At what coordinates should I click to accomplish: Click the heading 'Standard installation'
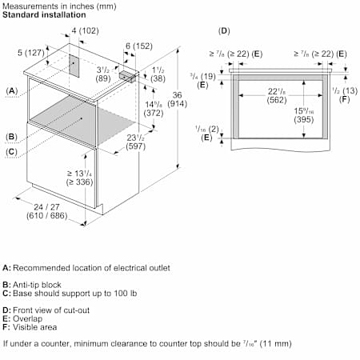click(44, 14)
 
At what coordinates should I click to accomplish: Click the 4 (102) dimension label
click(85, 30)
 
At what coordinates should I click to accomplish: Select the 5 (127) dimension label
click(31, 53)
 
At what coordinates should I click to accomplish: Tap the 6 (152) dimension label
click(139, 46)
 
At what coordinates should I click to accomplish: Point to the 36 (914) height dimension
click(177, 99)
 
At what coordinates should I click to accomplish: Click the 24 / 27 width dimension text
click(47, 211)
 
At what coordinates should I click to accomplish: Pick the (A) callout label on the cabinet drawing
click(12, 91)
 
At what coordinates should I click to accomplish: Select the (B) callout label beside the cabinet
click(11, 137)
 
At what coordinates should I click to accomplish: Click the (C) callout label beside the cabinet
click(11, 152)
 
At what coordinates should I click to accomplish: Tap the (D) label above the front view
click(224, 31)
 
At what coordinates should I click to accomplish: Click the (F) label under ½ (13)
click(345, 99)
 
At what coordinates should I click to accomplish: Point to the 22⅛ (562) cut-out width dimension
click(277, 95)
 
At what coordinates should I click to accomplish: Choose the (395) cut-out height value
click(304, 119)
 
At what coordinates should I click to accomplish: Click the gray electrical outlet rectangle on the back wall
click(74, 66)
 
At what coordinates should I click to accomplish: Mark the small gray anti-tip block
click(127, 76)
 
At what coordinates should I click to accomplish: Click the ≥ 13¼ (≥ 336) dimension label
click(79, 178)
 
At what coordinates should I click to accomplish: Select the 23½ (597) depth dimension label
click(136, 142)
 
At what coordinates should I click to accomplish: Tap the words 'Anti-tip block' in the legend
click(37, 285)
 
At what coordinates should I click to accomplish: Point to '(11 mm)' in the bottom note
click(275, 343)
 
